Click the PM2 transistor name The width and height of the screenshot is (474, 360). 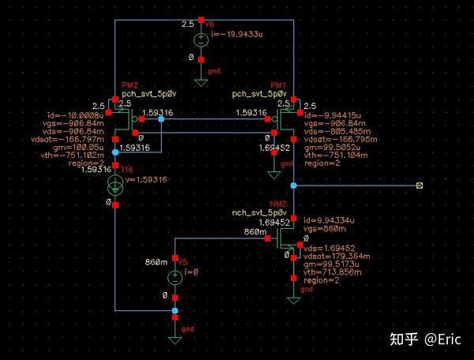click(x=130, y=85)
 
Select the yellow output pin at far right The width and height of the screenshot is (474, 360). click(x=419, y=186)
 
